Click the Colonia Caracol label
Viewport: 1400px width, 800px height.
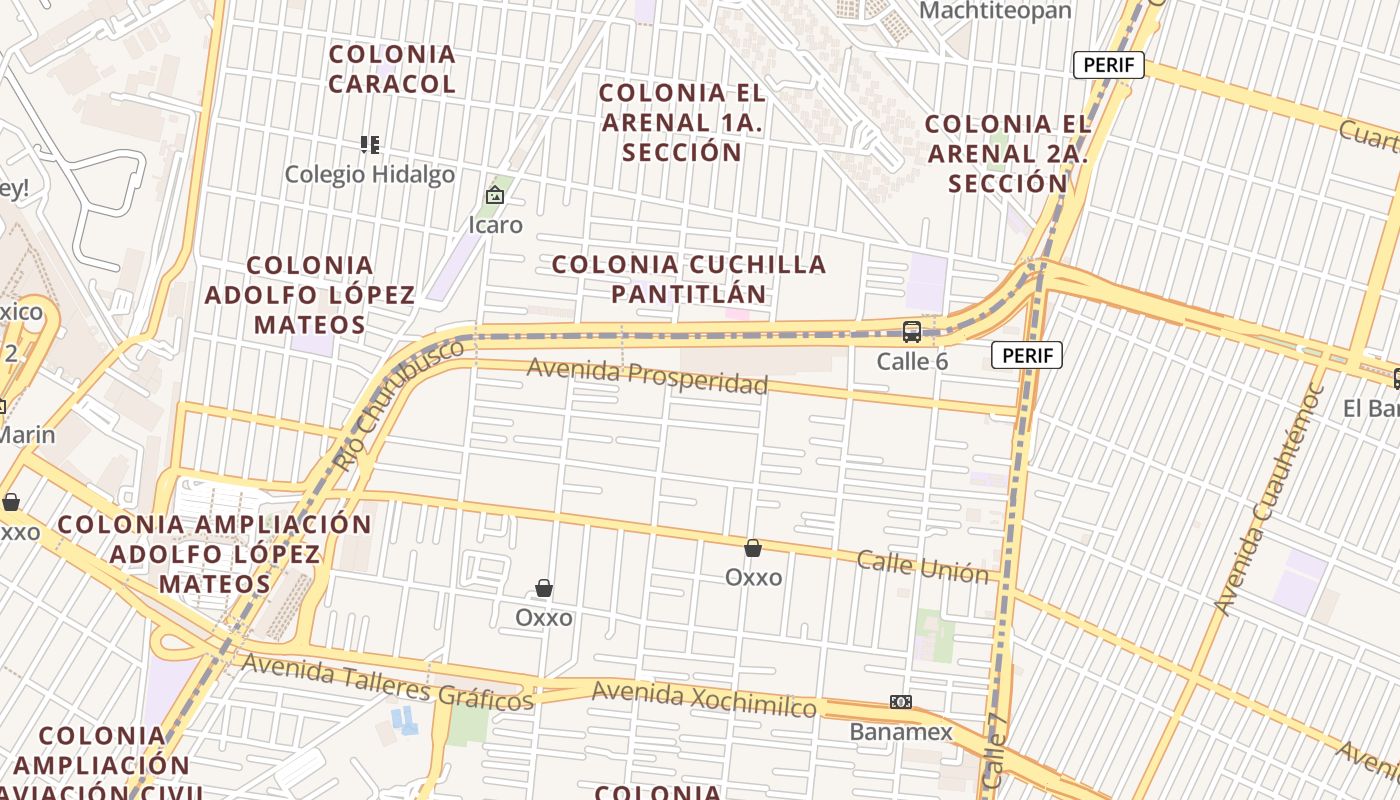click(392, 69)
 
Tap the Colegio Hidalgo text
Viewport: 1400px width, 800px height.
click(370, 175)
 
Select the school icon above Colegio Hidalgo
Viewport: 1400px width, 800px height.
click(370, 145)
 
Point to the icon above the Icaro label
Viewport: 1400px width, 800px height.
click(495, 195)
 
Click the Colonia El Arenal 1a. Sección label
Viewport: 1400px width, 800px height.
click(683, 123)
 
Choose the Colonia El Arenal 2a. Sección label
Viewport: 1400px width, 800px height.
click(1008, 154)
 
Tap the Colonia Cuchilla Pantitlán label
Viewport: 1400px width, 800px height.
click(689, 279)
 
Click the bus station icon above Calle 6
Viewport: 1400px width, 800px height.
click(912, 331)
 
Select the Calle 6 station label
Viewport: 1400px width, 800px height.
click(912, 361)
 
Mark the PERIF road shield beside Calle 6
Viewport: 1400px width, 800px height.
click(1027, 355)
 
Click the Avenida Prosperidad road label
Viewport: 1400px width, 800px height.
click(647, 376)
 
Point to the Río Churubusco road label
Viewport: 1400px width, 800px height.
click(399, 404)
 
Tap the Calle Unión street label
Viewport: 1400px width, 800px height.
click(922, 566)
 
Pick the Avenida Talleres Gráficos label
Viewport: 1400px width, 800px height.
click(387, 682)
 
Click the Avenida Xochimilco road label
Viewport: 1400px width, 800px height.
click(703, 699)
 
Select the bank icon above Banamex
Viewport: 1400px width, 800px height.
click(901, 702)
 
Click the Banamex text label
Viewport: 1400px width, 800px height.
click(901, 732)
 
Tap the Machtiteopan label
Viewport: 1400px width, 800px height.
click(995, 11)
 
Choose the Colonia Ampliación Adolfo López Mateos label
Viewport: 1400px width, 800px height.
click(214, 554)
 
